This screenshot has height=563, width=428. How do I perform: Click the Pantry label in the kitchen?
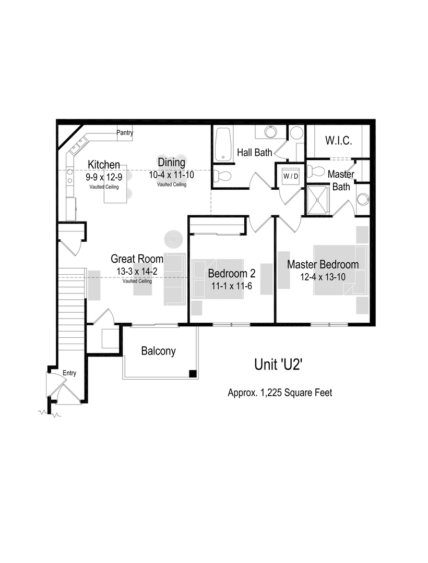coord(125,133)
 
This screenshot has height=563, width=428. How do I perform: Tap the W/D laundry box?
coord(291,176)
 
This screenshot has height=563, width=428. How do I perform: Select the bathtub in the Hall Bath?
coord(223,144)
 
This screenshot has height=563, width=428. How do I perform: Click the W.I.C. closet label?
coord(338,141)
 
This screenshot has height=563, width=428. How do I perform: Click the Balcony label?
coord(158,351)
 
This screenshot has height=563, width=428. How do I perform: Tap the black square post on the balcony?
coord(193,373)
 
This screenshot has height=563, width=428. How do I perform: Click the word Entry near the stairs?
coord(69,373)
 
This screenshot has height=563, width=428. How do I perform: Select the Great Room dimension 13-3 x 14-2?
coord(137,271)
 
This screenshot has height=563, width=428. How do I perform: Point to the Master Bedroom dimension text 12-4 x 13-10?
coord(323,277)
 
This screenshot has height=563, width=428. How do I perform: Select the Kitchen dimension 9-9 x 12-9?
coord(104,177)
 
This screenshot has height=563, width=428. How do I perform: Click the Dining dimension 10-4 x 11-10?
coord(171,175)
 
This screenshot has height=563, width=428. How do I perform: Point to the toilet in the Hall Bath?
coord(223,175)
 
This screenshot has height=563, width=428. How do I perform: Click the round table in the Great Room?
coord(173,240)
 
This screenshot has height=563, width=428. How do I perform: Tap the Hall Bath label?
coord(255,153)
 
